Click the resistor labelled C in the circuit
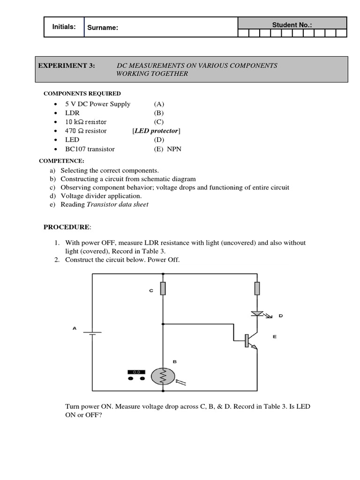click(x=163, y=289)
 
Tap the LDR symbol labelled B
click(x=163, y=376)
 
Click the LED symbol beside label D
click(x=257, y=313)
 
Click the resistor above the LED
click(x=257, y=288)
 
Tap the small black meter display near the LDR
click(x=136, y=372)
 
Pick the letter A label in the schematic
click(x=74, y=328)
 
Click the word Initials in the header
click(x=64, y=27)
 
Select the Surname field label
click(x=103, y=28)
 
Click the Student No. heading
click(x=292, y=24)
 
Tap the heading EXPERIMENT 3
click(x=67, y=66)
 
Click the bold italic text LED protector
click(x=156, y=131)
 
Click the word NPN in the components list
click(x=174, y=149)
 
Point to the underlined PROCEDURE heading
click(x=66, y=227)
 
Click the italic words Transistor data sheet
click(x=118, y=204)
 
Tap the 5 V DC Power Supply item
click(x=98, y=104)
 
